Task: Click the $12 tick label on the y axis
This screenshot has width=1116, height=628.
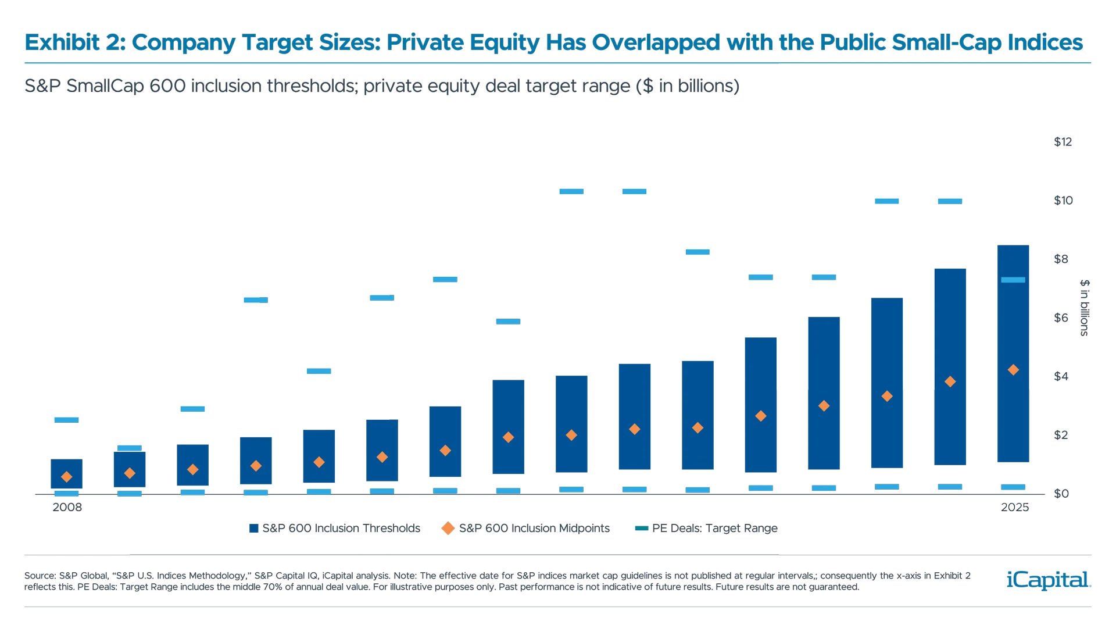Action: point(1063,142)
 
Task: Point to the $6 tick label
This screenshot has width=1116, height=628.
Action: point(1061,317)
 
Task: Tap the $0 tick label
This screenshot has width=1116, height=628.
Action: point(1061,494)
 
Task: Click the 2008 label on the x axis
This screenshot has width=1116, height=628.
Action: point(67,507)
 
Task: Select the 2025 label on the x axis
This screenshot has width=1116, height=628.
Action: point(1015,507)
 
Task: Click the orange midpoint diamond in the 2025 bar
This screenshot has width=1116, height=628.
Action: point(1013,370)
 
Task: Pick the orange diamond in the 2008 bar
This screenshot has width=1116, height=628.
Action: point(66,477)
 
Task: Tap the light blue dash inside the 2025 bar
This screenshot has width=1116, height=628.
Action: point(1013,280)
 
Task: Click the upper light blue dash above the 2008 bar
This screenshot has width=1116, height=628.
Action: point(66,419)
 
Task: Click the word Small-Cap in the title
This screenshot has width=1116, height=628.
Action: point(945,42)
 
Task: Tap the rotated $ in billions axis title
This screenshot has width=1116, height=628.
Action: point(1084,308)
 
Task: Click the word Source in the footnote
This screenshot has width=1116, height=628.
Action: point(39,576)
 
